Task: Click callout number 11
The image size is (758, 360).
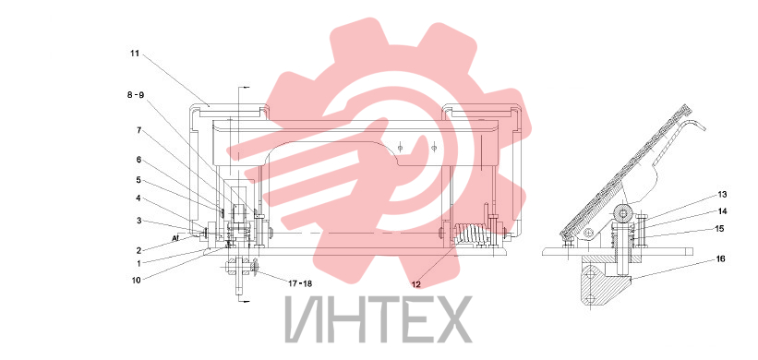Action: click(135, 54)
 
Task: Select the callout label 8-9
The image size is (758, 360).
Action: click(136, 95)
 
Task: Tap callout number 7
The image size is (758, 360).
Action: click(138, 130)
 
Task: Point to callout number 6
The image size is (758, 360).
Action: click(138, 159)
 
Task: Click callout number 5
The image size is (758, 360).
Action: click(138, 180)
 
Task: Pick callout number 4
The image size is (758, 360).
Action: click(138, 198)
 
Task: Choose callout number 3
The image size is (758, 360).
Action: click(138, 221)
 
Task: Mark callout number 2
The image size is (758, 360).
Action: click(138, 250)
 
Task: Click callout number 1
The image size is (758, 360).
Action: click(138, 264)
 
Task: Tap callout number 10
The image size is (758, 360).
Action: click(137, 280)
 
